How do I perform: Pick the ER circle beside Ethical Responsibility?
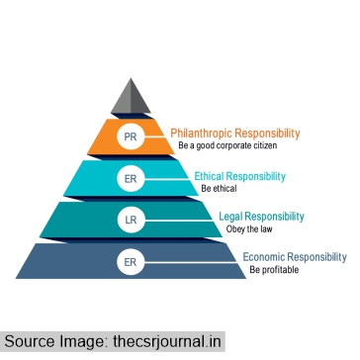pyautogui.click(x=132, y=180)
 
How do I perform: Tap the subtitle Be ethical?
pyautogui.click(x=219, y=187)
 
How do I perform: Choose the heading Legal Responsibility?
pyautogui.click(x=261, y=216)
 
